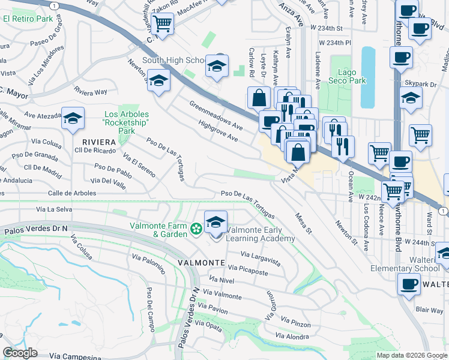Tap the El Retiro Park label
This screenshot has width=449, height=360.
click(x=28, y=19)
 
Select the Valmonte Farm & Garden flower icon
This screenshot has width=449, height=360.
click(x=195, y=229)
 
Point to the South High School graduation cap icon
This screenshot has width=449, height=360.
click(x=217, y=65)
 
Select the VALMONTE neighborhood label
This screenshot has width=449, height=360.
click(x=200, y=263)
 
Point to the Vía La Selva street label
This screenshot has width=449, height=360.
click(x=54, y=209)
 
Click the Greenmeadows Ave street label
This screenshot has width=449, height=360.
click(x=215, y=116)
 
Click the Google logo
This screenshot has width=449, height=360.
click(x=20, y=353)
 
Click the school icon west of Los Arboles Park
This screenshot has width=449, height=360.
click(x=73, y=119)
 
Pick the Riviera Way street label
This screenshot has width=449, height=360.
click(x=91, y=92)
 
